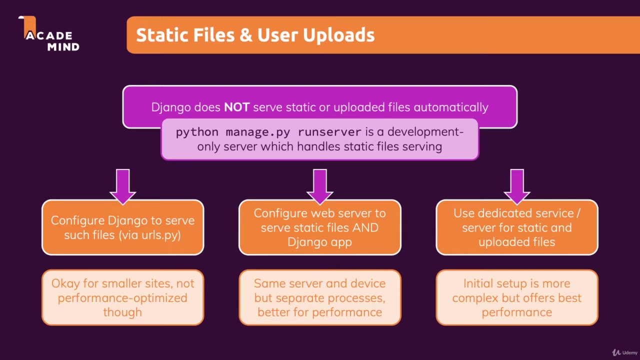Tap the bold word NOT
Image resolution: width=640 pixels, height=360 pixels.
click(236, 107)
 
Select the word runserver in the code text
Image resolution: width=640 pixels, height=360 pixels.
click(329, 132)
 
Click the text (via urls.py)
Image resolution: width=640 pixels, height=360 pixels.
click(150, 235)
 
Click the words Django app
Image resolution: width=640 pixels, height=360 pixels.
click(319, 242)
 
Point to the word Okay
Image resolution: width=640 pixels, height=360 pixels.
click(65, 283)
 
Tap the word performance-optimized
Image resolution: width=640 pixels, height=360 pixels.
click(122, 298)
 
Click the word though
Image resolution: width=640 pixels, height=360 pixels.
click(122, 312)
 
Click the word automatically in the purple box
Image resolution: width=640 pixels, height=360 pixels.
click(450, 107)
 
